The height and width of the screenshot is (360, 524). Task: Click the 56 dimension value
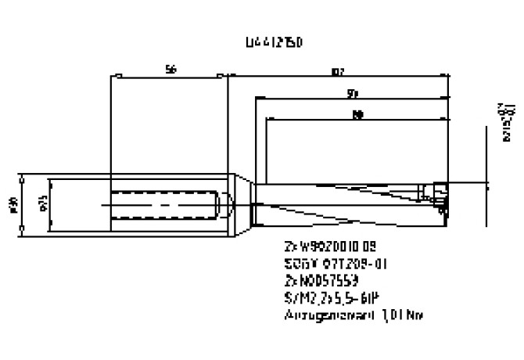pos(170,70)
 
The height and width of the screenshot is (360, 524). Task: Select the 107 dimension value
pos(338,72)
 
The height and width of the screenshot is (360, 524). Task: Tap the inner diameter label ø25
pos(42,204)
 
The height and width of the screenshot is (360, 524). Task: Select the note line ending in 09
pos(324,245)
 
